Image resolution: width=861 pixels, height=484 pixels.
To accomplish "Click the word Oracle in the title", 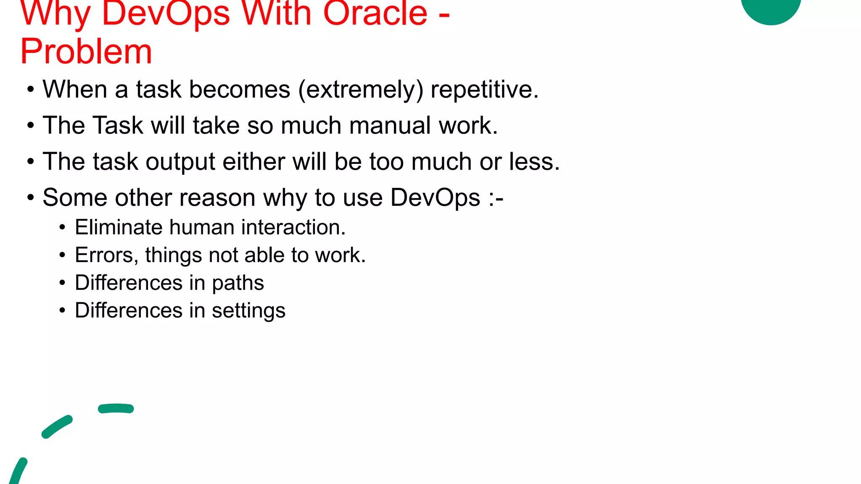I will [x=375, y=13].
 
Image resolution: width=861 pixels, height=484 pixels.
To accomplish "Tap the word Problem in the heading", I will [x=86, y=51].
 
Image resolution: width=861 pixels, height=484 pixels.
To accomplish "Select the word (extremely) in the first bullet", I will [x=361, y=89].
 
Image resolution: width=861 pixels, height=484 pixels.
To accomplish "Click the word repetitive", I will [x=484, y=89].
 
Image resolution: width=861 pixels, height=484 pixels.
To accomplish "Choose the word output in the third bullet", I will [x=180, y=162].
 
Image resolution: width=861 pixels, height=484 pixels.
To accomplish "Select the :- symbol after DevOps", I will [x=496, y=198].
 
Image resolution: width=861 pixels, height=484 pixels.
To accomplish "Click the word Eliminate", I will [x=119, y=227].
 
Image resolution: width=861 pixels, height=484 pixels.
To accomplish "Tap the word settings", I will [x=248, y=311].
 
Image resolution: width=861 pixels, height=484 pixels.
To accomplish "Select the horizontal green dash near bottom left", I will [x=116, y=408].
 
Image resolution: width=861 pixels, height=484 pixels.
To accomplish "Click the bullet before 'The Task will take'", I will [x=30, y=126].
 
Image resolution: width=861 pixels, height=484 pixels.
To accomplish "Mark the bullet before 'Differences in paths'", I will [x=62, y=283].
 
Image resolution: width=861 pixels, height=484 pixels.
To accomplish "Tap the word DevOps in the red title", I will [x=166, y=13].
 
